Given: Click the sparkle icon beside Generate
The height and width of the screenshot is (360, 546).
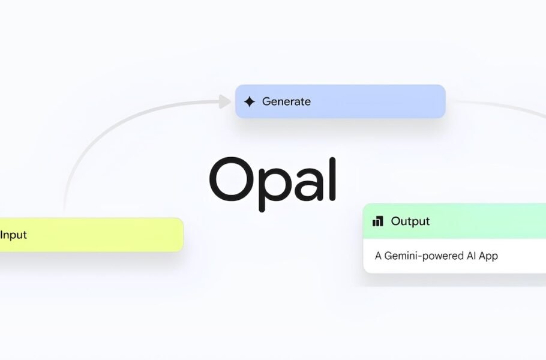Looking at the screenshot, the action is [250, 101].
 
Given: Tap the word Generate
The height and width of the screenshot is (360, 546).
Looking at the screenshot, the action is [286, 101].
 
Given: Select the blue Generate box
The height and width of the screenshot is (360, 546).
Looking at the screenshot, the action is [340, 101].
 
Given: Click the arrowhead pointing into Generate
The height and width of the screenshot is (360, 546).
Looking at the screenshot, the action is [224, 101].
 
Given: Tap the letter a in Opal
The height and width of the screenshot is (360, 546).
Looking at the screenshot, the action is [308, 185].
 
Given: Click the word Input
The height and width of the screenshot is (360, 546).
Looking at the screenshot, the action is [13, 235].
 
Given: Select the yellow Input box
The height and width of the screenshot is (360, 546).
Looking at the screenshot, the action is [92, 235].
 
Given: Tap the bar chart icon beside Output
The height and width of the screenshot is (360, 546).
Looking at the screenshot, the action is [378, 221].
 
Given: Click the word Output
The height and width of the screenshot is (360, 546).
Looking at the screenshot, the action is [410, 221].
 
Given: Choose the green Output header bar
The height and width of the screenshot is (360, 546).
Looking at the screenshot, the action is [454, 221].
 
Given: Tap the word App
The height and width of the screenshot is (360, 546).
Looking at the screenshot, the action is [488, 256].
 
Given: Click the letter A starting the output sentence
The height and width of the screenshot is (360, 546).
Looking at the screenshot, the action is [378, 256].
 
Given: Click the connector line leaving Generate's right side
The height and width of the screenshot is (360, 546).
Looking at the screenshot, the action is [502, 107].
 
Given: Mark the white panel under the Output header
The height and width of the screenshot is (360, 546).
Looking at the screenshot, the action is [454, 256].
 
